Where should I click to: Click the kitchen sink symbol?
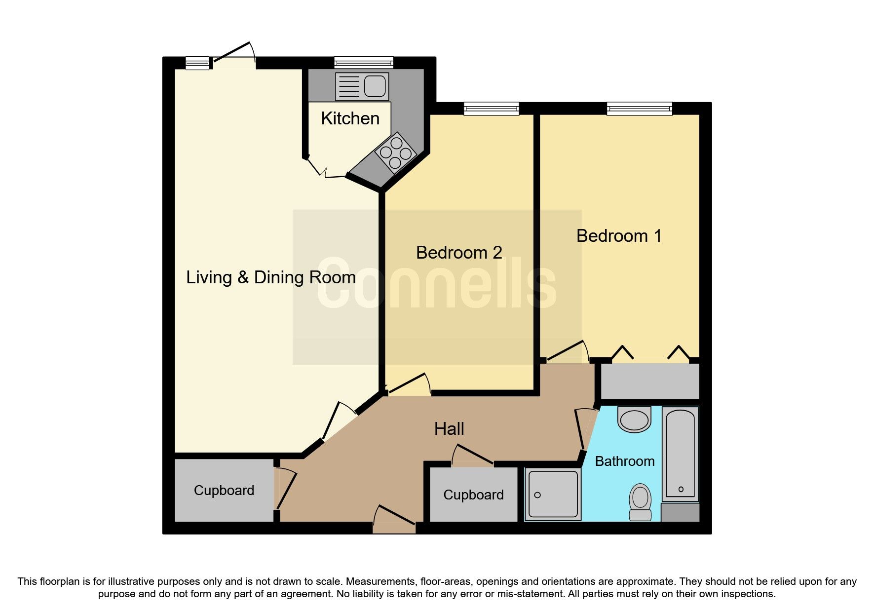pos(362,86)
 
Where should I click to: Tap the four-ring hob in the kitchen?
pos(395,153)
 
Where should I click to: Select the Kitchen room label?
pos(350,118)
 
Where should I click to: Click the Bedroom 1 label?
pos(618,236)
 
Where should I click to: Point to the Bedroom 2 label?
pos(458,253)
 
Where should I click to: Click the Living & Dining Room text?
pos(270,277)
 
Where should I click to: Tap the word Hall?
pos(449,429)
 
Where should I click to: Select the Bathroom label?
pos(624,461)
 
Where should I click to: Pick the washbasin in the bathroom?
pos(634,420)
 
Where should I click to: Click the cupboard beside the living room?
pos(224,490)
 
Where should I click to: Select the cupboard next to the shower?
pos(473,495)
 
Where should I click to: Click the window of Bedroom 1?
pos(639,109)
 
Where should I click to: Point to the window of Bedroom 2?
pos(491,109)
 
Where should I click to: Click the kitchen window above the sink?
pos(364,63)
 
